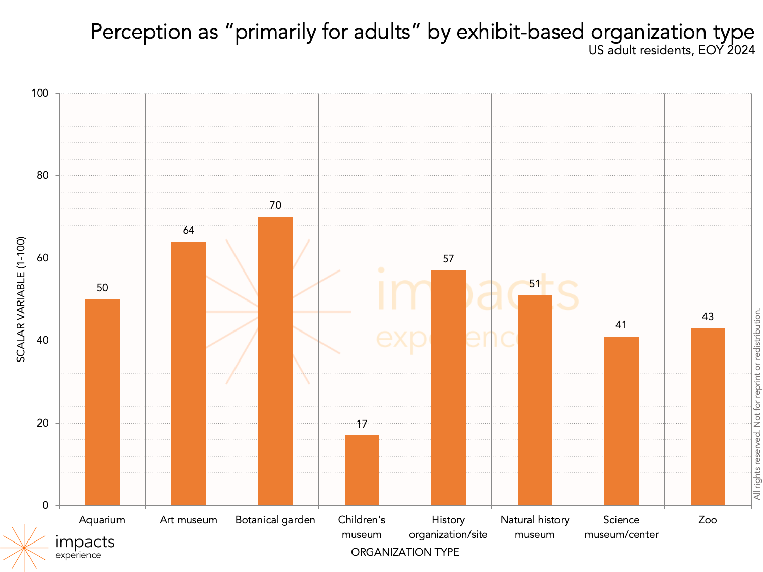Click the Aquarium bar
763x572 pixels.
click(102, 402)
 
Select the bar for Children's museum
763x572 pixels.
click(362, 470)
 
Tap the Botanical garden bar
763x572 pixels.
click(275, 361)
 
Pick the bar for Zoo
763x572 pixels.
click(708, 417)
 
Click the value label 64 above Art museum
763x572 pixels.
click(189, 230)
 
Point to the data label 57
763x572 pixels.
click(448, 259)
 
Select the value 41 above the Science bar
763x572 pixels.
click(621, 325)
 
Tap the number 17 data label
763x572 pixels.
click(362, 424)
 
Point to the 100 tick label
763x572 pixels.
click(40, 93)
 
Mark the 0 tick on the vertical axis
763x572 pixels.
click(46, 505)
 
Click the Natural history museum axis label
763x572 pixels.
click(535, 527)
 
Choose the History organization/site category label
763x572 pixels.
click(448, 527)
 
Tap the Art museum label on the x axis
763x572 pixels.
click(189, 520)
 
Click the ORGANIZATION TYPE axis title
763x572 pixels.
click(405, 552)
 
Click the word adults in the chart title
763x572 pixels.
click(381, 32)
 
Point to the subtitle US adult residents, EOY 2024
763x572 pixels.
click(671, 50)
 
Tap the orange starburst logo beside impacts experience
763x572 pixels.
click(23, 548)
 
